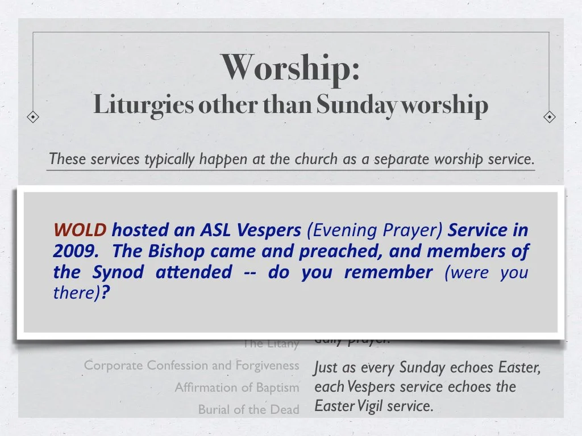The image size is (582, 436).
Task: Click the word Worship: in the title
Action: click(x=290, y=68)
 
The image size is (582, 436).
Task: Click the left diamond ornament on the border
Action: click(x=34, y=117)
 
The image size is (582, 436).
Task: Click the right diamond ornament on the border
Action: click(x=549, y=117)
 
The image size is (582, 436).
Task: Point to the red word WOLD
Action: click(x=80, y=230)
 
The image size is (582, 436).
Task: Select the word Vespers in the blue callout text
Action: click(x=268, y=230)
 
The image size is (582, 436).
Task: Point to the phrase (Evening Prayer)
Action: click(x=375, y=230)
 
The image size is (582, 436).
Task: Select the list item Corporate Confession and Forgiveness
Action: click(x=192, y=366)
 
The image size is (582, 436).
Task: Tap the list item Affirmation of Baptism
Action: click(x=236, y=388)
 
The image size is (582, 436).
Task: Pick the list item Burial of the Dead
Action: click(x=248, y=409)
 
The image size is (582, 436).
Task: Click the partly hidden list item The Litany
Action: click(x=271, y=343)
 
